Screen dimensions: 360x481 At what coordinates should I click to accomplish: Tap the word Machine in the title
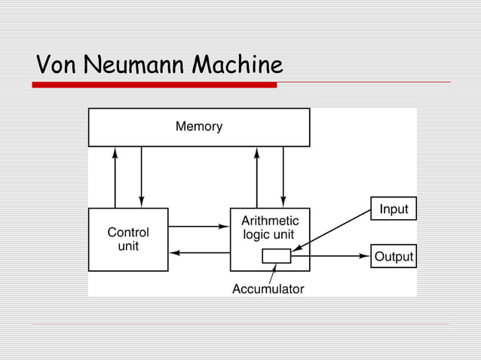pos(237,66)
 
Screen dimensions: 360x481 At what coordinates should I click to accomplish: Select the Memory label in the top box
pos(199,127)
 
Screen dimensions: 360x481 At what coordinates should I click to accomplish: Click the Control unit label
pos(128,239)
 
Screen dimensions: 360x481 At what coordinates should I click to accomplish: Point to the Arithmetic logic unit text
pos(270,227)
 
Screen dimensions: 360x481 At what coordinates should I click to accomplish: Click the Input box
pos(394,209)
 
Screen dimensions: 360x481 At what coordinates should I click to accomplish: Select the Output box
pos(394,256)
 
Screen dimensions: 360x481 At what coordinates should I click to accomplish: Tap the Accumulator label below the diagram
pos(268,289)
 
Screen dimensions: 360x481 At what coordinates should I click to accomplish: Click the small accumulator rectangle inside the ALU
pos(276,256)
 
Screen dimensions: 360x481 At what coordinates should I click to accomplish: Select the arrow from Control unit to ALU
pos(198,226)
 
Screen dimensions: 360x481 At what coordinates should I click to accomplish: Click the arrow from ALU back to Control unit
pos(198,252)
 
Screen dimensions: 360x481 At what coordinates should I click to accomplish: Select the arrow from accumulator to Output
pos(330,256)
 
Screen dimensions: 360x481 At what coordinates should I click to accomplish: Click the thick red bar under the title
pos(155,85)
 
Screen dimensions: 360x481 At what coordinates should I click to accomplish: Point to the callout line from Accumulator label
pos(271,273)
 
